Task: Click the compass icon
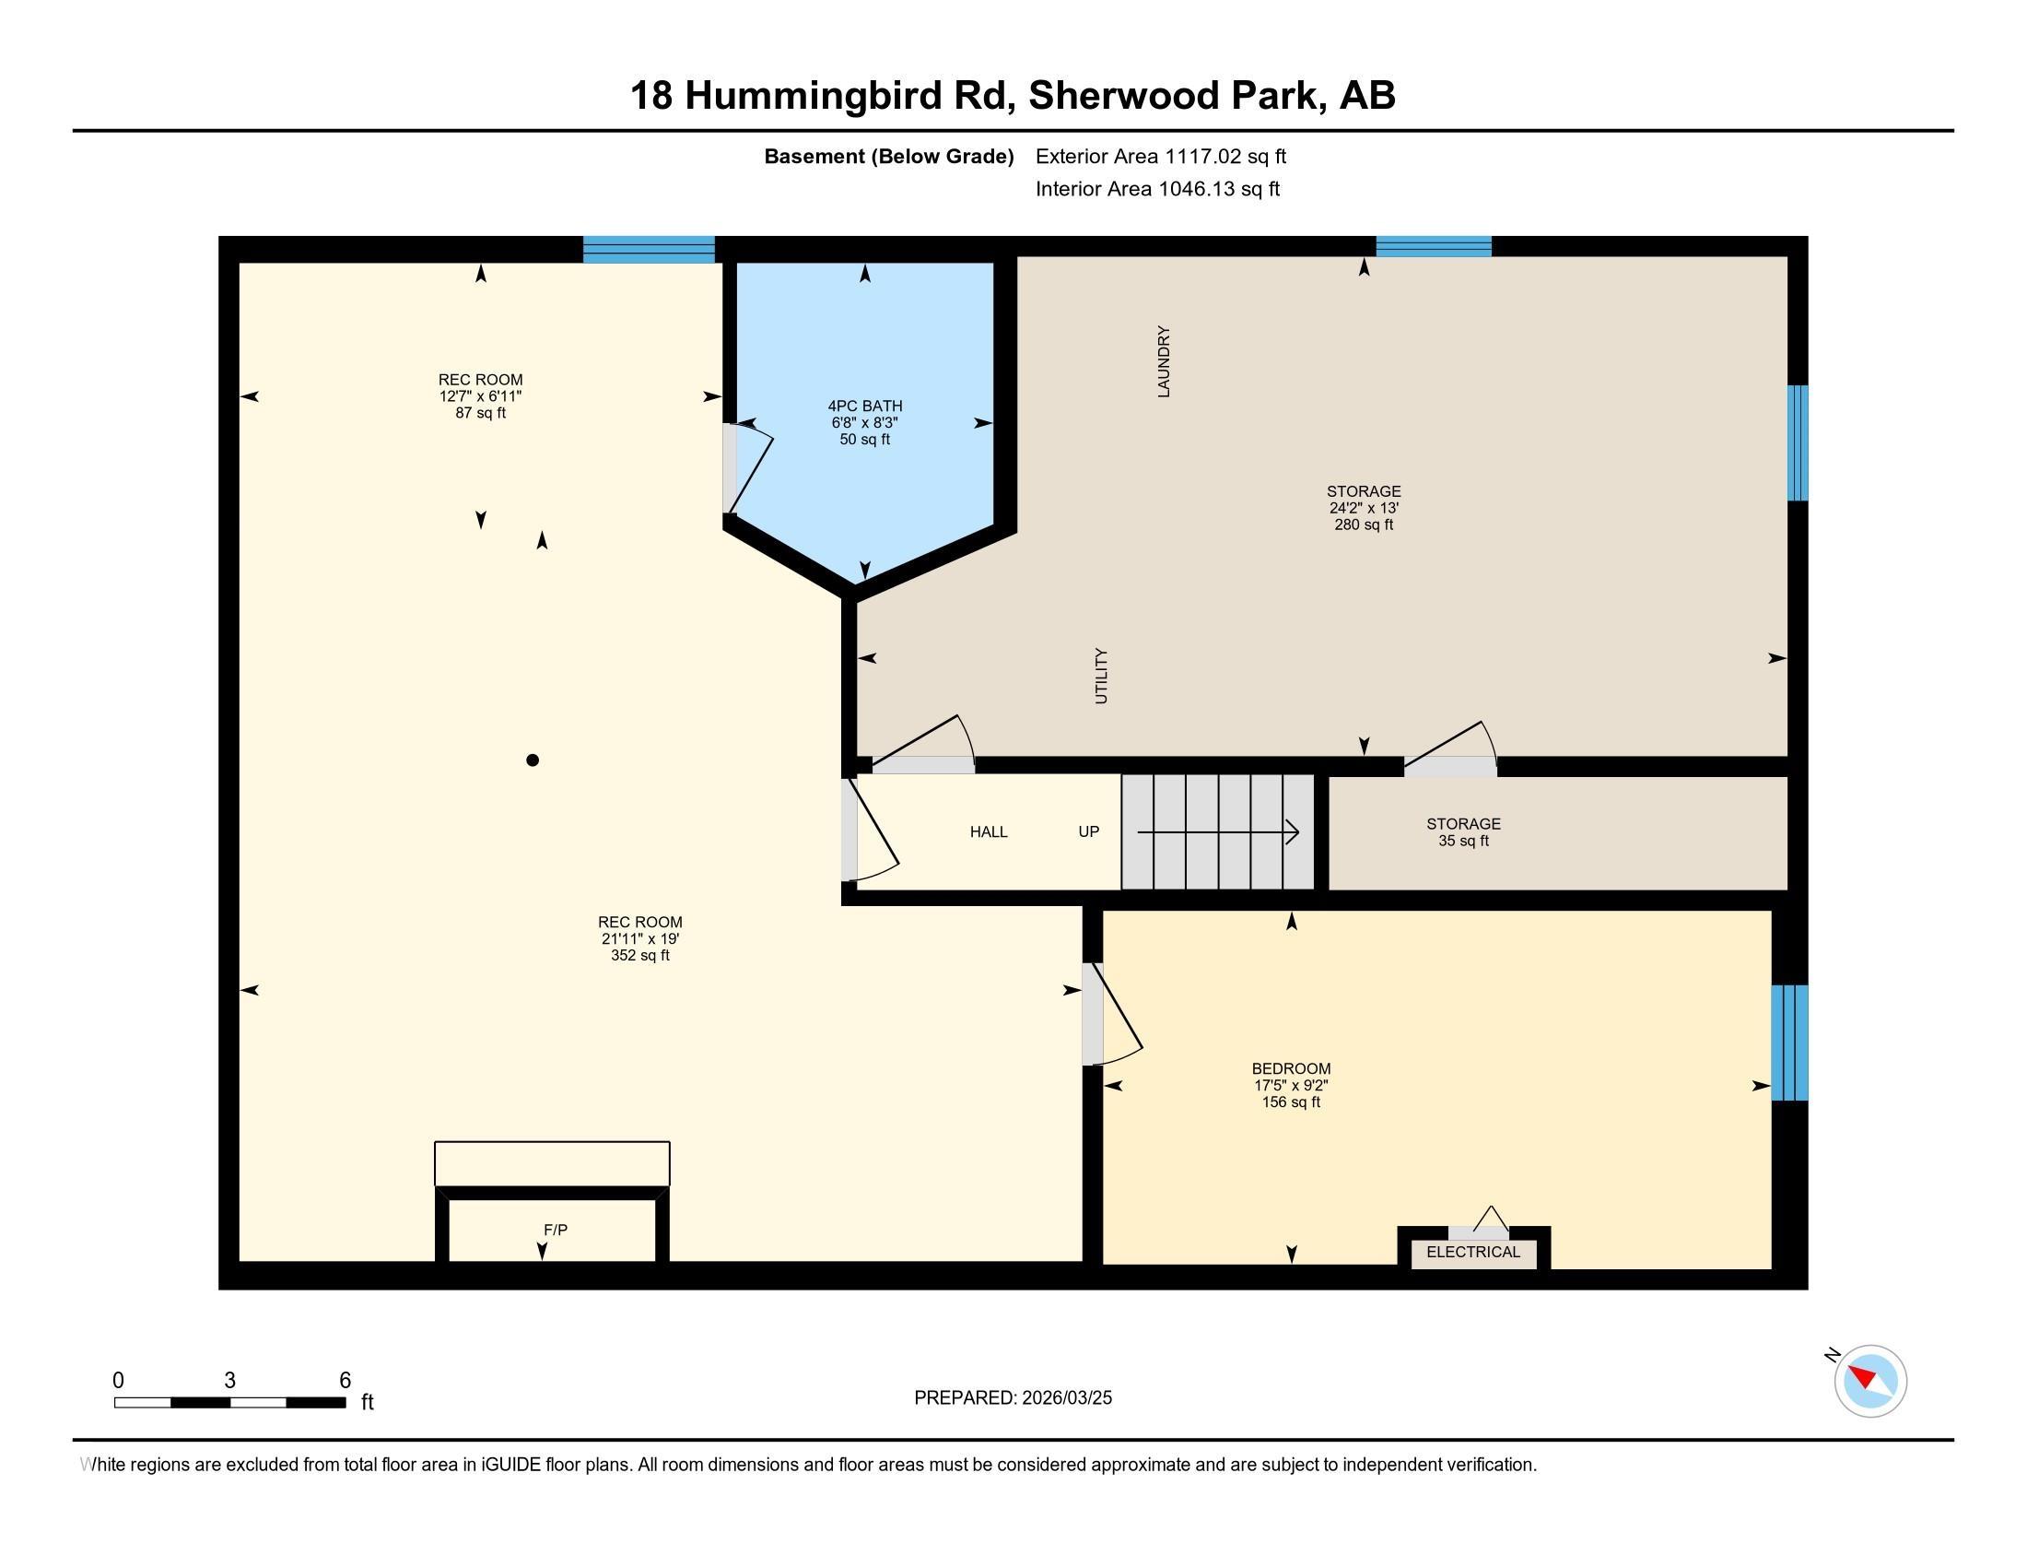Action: (1869, 1382)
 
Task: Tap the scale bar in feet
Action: (229, 1402)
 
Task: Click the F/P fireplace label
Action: (555, 1230)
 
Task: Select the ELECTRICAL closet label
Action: (1473, 1253)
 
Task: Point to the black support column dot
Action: (533, 760)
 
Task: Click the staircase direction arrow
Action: (1218, 832)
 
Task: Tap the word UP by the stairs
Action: (1089, 831)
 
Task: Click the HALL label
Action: (989, 831)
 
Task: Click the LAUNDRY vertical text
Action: (1164, 361)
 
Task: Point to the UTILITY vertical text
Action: (1102, 676)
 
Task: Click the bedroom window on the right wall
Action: (1789, 1043)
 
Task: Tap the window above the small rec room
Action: (649, 250)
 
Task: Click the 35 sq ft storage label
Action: (1463, 832)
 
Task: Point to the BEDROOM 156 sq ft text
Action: (1290, 1085)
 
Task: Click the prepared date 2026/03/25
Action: (1013, 1398)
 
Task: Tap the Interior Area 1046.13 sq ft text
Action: (1156, 189)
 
